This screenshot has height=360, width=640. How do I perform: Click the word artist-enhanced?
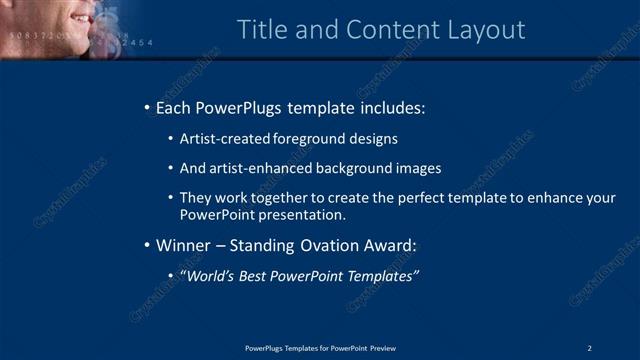click(254, 169)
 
